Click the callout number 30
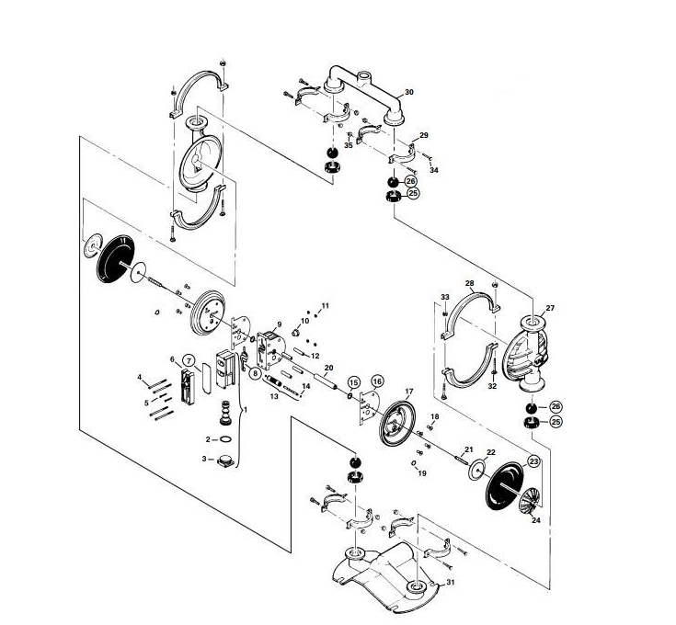[x=409, y=93]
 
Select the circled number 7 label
[x=188, y=359]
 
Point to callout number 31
[x=451, y=583]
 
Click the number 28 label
[x=469, y=283]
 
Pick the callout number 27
[x=550, y=308]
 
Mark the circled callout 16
[x=377, y=381]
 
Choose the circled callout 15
[x=353, y=381]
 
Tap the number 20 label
[x=328, y=368]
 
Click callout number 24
[x=536, y=519]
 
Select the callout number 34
[x=435, y=170]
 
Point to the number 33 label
[x=444, y=297]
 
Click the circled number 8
[x=255, y=373]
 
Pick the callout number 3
[x=203, y=458]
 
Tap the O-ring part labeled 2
[x=226, y=440]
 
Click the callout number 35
[x=349, y=145]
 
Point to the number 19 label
[x=422, y=473]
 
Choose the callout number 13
[x=273, y=397]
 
